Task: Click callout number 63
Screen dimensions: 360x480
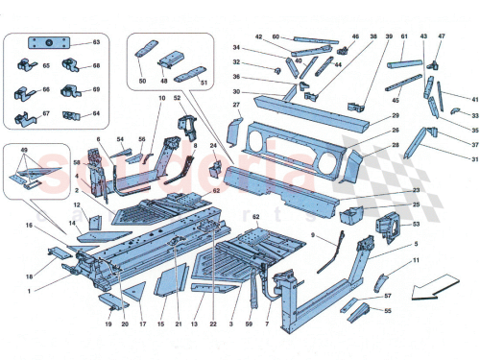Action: point(95,44)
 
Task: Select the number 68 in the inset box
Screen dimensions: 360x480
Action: point(95,66)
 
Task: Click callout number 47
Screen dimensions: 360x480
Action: point(441,36)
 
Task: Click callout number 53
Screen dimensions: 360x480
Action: point(415,224)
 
